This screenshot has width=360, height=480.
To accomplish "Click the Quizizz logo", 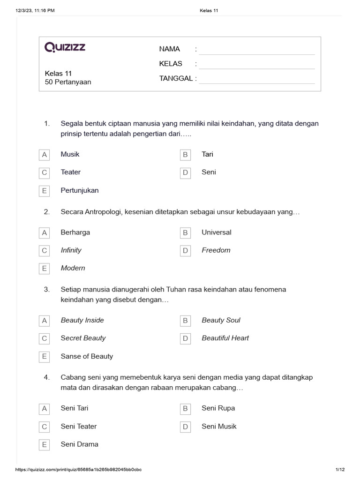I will click(65, 47).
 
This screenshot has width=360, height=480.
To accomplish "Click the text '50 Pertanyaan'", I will click(67, 82).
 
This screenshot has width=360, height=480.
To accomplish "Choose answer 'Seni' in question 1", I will click(209, 172).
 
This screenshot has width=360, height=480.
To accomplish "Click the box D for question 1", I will click(186, 172).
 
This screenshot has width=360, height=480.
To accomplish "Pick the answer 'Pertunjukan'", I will click(80, 190).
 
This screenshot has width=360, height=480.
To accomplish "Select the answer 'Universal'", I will click(216, 232).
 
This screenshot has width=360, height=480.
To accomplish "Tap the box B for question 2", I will click(186, 232).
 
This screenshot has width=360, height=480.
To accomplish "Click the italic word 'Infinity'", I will click(71, 250).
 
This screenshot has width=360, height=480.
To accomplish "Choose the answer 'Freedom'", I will click(216, 250).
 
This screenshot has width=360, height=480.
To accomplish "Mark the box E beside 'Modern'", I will click(45, 269).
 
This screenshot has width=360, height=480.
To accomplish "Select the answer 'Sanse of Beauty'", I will click(87, 356).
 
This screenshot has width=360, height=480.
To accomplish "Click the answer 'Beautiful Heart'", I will click(225, 338).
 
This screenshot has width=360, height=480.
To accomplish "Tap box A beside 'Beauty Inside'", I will click(45, 321).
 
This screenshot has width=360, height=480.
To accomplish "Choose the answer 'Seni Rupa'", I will click(218, 408).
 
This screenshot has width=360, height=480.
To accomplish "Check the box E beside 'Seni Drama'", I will click(45, 445).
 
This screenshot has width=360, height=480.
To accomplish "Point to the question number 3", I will click(46, 289).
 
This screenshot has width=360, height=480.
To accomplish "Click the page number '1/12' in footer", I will click(340, 470).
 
